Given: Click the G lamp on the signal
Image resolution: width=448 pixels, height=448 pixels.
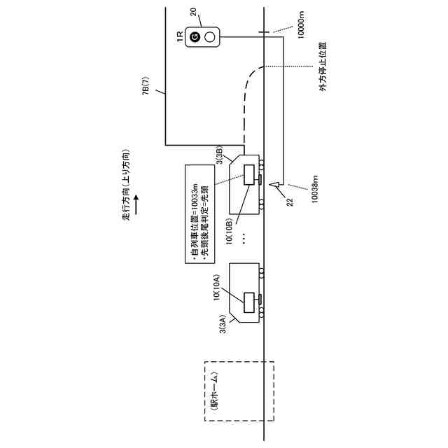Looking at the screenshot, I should pyautogui.click(x=196, y=36).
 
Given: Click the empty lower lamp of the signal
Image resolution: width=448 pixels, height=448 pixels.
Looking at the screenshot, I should pyautogui.click(x=207, y=36).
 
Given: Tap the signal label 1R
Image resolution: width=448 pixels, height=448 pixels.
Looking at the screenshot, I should pyautogui.click(x=181, y=36).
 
